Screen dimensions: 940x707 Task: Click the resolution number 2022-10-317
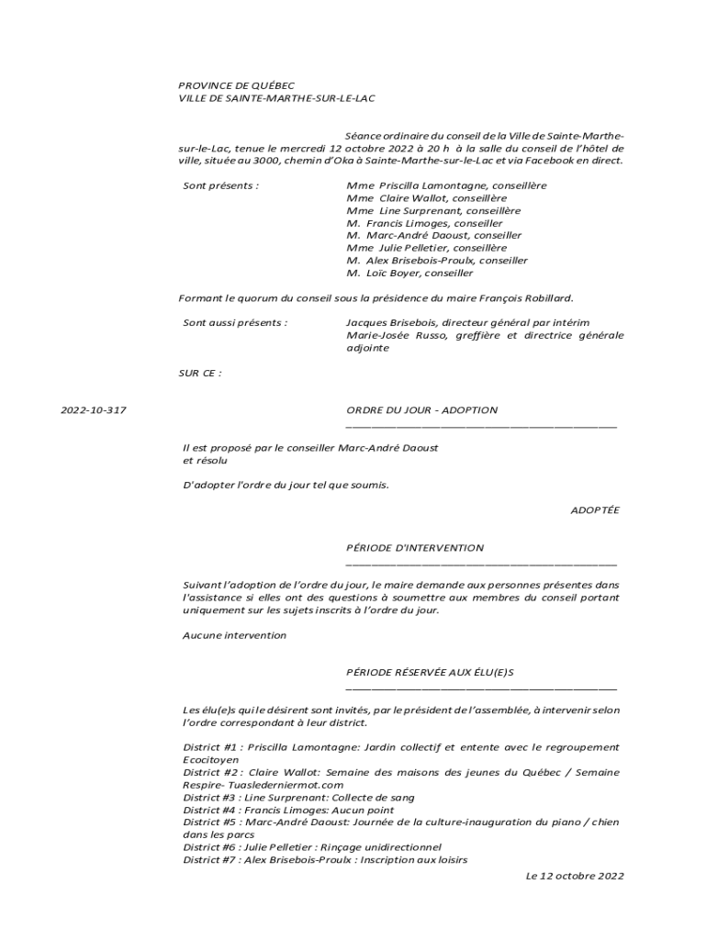(94, 410)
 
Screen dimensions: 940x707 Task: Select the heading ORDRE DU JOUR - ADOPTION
(421, 410)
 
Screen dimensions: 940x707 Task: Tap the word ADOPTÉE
(595, 510)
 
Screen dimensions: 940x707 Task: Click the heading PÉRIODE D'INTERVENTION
(415, 548)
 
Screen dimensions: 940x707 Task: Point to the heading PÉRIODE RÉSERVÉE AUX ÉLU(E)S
(430, 673)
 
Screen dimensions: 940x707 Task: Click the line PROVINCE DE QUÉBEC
(237, 84)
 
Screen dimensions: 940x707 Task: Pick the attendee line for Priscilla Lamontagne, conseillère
(446, 185)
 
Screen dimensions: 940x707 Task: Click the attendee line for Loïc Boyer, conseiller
(410, 273)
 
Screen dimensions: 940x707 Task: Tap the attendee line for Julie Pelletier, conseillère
(426, 248)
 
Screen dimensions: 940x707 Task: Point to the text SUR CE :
(200, 373)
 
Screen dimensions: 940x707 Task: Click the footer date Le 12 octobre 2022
(575, 876)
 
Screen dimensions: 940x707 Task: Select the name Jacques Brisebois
(390, 323)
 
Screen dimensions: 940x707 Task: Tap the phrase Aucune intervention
(234, 635)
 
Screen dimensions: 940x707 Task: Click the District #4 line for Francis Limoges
(288, 811)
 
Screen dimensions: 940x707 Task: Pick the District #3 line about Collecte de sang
(298, 798)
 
